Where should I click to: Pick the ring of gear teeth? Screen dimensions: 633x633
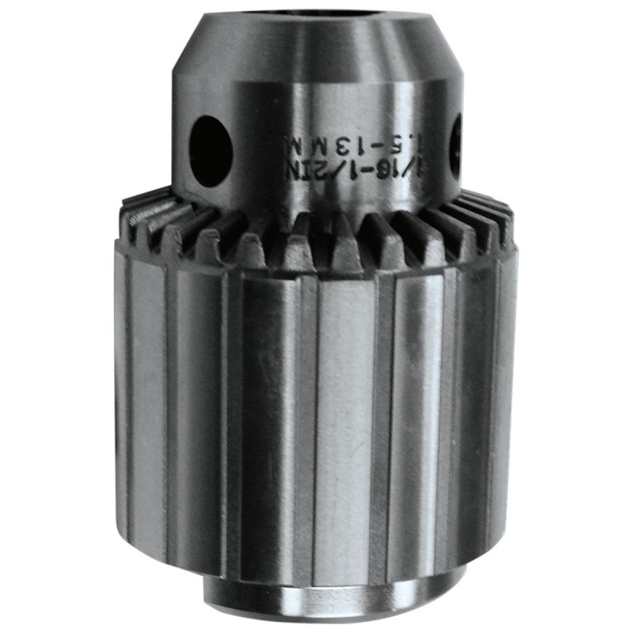click(316, 229)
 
